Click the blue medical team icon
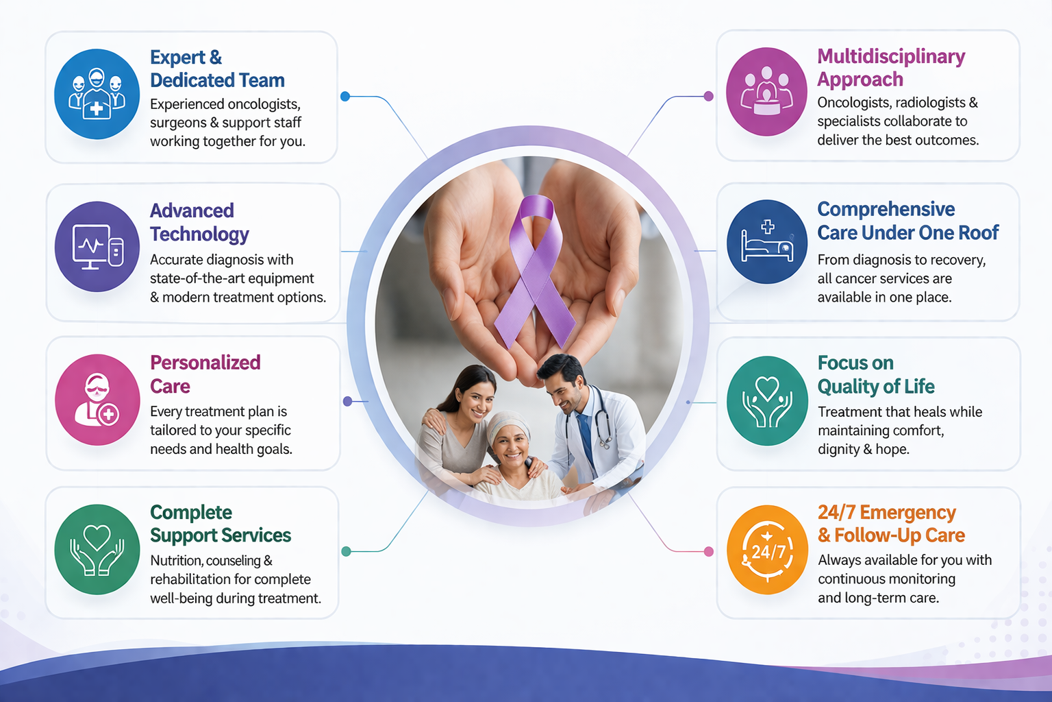click(x=97, y=94)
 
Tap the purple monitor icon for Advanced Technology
click(x=97, y=246)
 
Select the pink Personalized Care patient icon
click(x=97, y=400)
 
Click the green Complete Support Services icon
click(x=97, y=549)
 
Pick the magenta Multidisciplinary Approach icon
click(x=766, y=92)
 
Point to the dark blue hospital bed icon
click(x=767, y=242)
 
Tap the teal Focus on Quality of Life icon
click(x=767, y=400)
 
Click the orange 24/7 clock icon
click(x=767, y=550)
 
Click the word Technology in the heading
click(x=199, y=234)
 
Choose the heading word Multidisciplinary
click(x=891, y=56)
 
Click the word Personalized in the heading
click(x=205, y=363)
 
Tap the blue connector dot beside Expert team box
click(x=345, y=97)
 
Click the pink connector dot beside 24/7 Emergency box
click(x=709, y=551)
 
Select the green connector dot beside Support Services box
click(x=346, y=551)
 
